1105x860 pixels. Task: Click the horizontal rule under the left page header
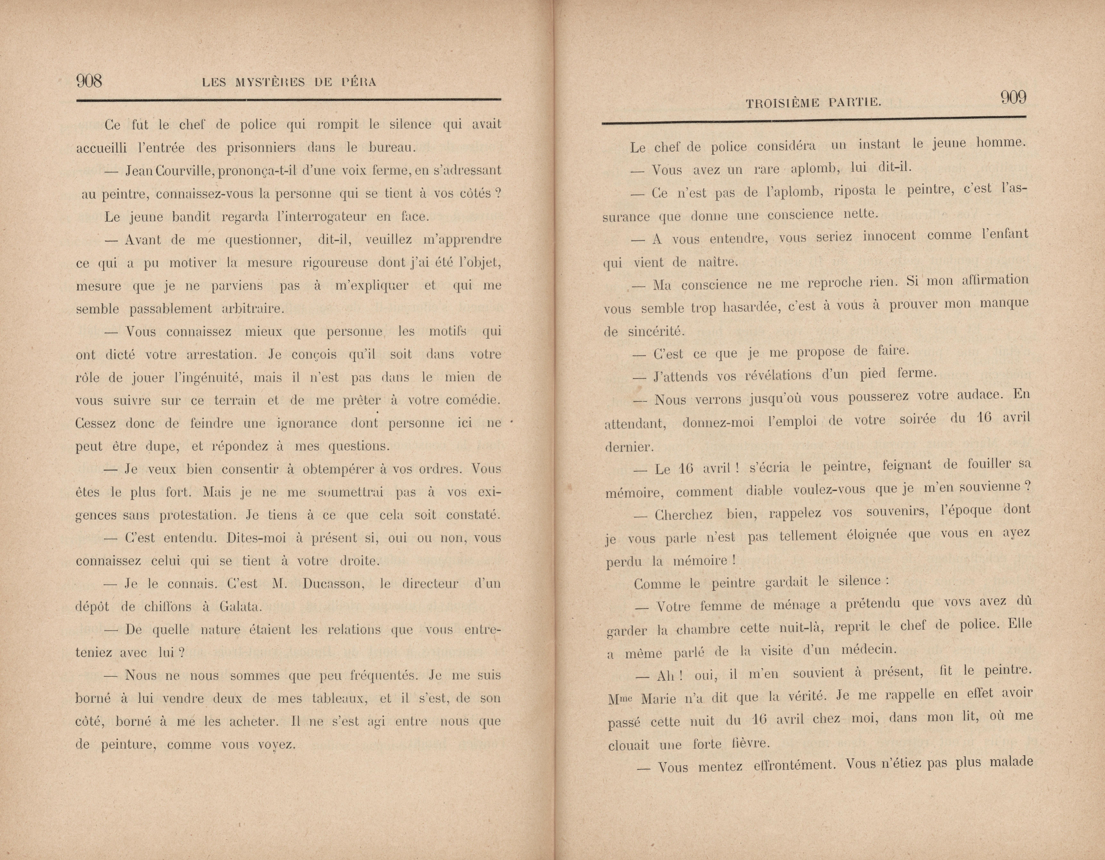point(288,101)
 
